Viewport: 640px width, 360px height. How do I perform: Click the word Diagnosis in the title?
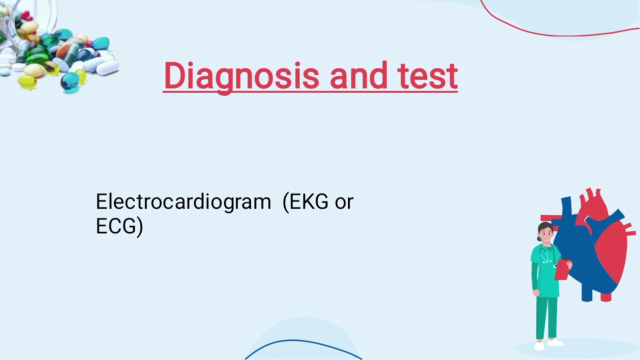(x=241, y=76)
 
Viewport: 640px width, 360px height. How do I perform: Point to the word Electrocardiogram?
(x=183, y=202)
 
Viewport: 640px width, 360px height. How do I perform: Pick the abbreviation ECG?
(x=116, y=226)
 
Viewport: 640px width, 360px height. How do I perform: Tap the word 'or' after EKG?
(x=344, y=202)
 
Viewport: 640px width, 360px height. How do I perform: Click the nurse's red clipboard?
(x=562, y=269)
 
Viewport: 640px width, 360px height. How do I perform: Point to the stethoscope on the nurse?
(x=546, y=255)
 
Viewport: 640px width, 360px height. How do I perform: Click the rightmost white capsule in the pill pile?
(x=107, y=68)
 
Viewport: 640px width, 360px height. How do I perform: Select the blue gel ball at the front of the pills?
(x=69, y=81)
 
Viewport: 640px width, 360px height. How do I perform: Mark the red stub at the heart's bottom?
(x=606, y=297)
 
